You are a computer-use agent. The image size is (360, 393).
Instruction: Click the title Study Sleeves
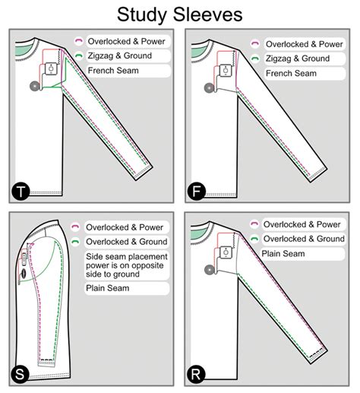pyautogui.click(x=179, y=14)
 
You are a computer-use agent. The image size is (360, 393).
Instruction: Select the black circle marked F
pyautogui.click(x=197, y=192)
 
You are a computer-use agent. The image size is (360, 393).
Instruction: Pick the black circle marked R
pyautogui.click(x=197, y=374)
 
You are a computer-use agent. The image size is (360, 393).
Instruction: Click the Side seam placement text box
pyautogui.click(x=125, y=265)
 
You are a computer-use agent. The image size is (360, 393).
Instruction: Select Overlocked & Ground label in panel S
pyautogui.click(x=125, y=242)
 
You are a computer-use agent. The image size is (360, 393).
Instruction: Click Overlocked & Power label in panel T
pyautogui.click(x=127, y=42)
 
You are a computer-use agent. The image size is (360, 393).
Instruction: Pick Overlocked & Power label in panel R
pyautogui.click(x=301, y=223)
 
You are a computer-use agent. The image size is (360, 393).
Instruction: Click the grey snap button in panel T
pyautogui.click(x=33, y=87)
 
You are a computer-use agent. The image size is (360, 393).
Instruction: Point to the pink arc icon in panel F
pyautogui.click(x=255, y=44)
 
